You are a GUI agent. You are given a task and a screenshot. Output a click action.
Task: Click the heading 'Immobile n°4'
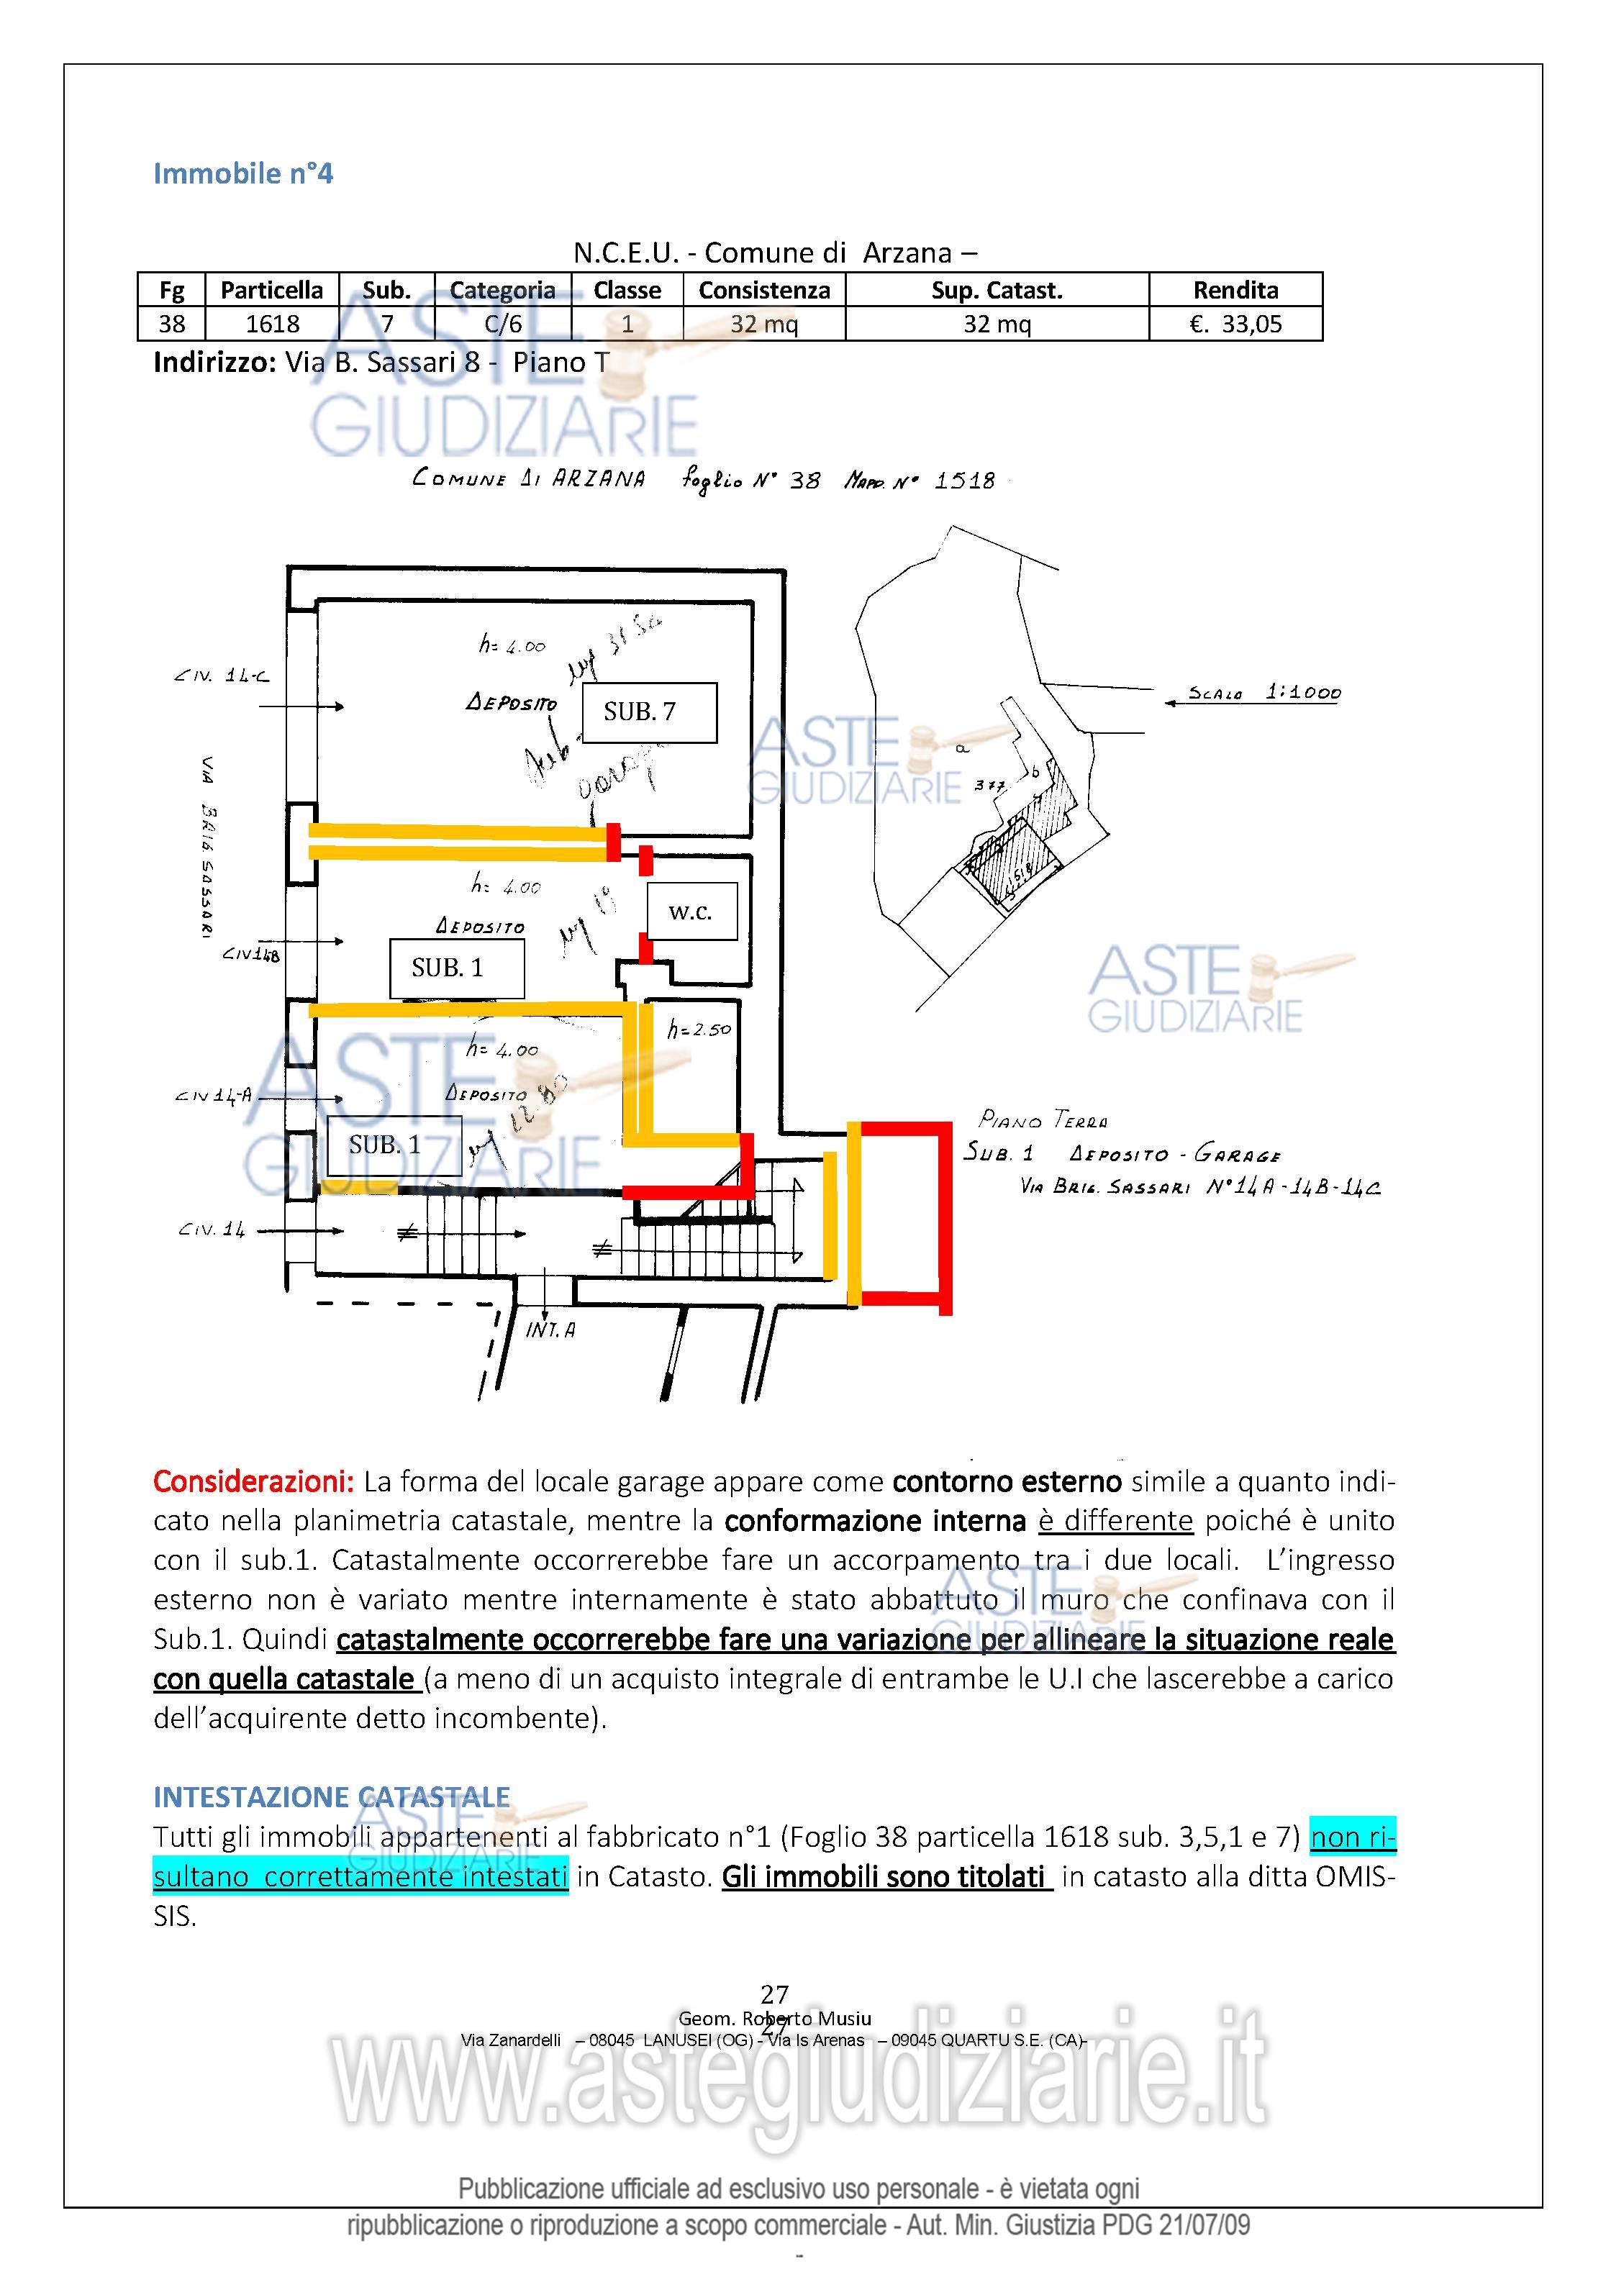coord(242,174)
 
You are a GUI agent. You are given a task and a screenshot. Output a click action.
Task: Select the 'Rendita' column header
coord(1235,290)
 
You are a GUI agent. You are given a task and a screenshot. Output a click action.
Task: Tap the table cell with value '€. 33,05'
coord(1235,324)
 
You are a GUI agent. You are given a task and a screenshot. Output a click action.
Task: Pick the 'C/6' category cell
coord(503,324)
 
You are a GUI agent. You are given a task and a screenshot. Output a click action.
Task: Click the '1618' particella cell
coord(272,324)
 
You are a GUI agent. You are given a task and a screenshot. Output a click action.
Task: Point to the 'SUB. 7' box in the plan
coord(648,712)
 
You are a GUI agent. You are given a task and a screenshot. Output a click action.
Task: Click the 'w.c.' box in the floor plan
coord(691,912)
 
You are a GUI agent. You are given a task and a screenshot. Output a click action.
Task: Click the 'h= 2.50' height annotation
coord(699,1029)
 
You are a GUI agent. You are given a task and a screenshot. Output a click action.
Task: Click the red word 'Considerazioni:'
coord(253,1481)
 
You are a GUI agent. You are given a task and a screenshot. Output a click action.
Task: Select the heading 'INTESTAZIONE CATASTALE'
coord(332,1796)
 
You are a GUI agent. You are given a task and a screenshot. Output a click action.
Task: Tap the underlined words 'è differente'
coord(1115,1520)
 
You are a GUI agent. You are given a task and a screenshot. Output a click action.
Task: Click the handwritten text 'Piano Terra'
coord(1043,1119)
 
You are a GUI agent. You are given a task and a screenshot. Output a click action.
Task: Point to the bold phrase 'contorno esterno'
coord(1007,1481)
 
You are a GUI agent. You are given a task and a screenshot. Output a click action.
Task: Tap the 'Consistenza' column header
coord(764,290)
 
